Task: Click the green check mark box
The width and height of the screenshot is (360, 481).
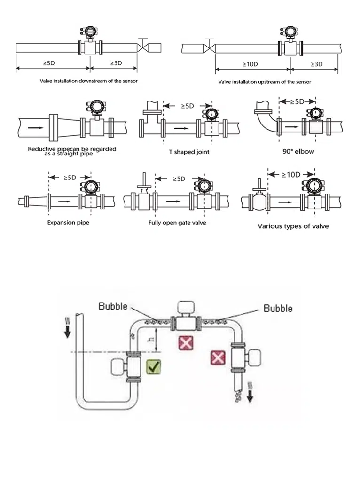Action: [x=153, y=366]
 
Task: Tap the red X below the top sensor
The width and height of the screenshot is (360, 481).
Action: [x=186, y=343]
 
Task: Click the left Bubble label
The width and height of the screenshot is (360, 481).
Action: [x=113, y=306]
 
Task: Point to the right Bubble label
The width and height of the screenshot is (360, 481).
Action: [x=278, y=308]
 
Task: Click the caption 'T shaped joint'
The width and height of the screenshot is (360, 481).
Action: [x=189, y=152]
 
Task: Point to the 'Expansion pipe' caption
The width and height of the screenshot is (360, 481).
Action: [x=68, y=222]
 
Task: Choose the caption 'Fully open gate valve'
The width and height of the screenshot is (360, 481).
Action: [x=177, y=223]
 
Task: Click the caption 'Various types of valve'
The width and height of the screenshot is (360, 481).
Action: [x=293, y=226]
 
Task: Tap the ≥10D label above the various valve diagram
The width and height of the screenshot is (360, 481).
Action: [x=291, y=174]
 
